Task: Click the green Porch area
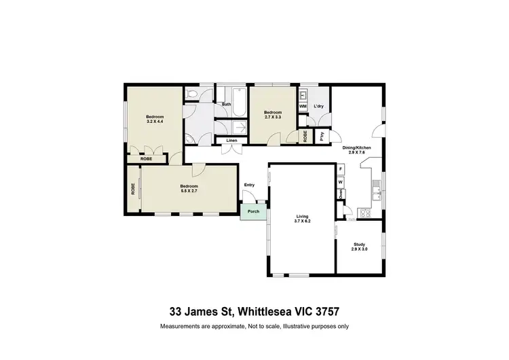[x=252, y=211]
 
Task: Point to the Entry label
[x=250, y=185]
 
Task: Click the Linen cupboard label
[x=231, y=141]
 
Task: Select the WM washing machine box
[x=303, y=107]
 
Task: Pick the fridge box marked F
[x=341, y=168]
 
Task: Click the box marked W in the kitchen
[x=341, y=183]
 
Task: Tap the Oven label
[x=341, y=194]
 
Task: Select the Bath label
[x=226, y=104]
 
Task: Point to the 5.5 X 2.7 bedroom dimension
[x=189, y=191]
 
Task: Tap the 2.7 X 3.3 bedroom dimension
[x=272, y=118]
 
